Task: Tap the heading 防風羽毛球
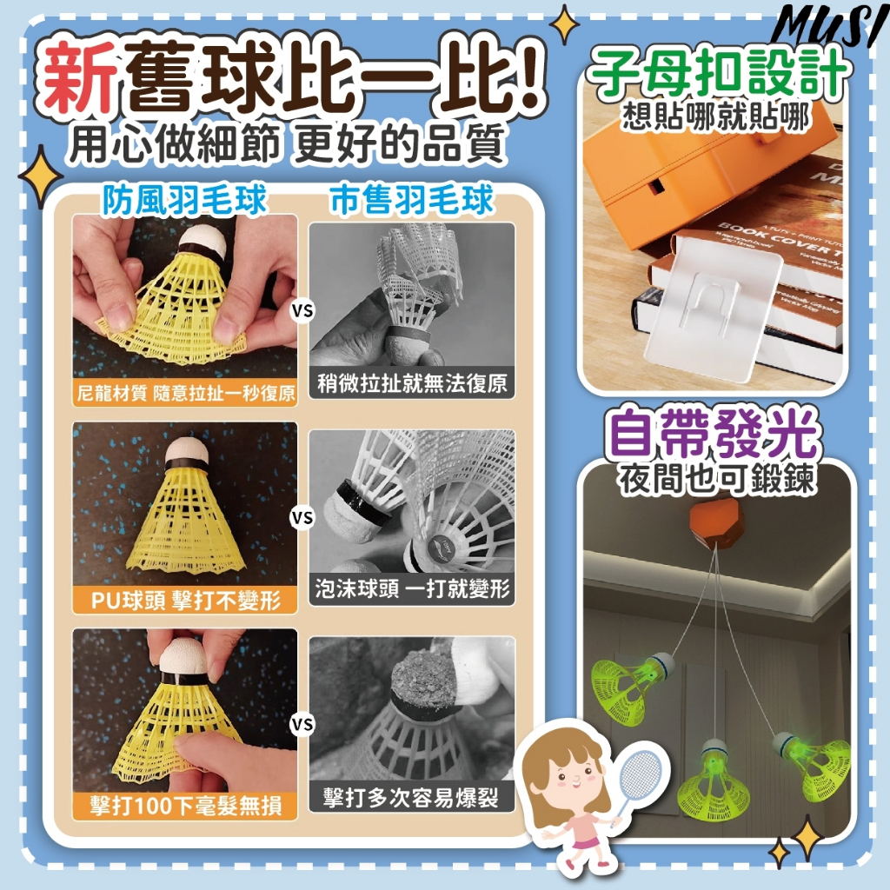[x=184, y=200]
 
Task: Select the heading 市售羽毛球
[x=411, y=200]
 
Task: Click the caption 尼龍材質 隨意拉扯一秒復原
[x=186, y=393]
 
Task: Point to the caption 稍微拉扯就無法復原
[x=412, y=383]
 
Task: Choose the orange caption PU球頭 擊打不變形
[x=186, y=600]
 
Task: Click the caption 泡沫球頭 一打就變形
[x=412, y=588]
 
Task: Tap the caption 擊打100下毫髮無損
[x=186, y=806]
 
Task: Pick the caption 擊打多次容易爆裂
[x=411, y=798]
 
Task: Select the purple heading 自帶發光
[x=714, y=435]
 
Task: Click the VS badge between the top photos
[x=302, y=311]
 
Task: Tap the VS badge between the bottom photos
[x=302, y=724]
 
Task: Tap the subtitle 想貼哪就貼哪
[x=715, y=118]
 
